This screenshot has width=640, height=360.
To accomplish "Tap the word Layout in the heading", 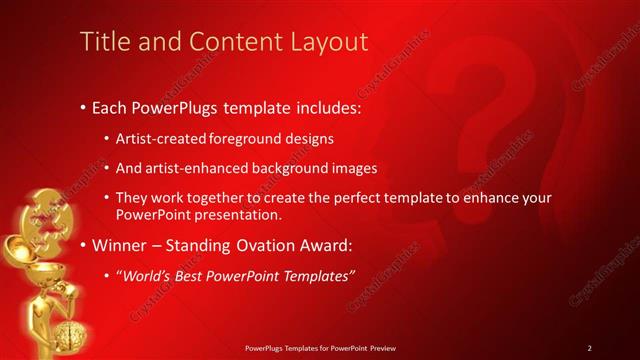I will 328,41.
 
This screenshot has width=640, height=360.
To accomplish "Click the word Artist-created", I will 160,139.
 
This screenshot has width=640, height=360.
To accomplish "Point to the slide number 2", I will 590,347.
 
